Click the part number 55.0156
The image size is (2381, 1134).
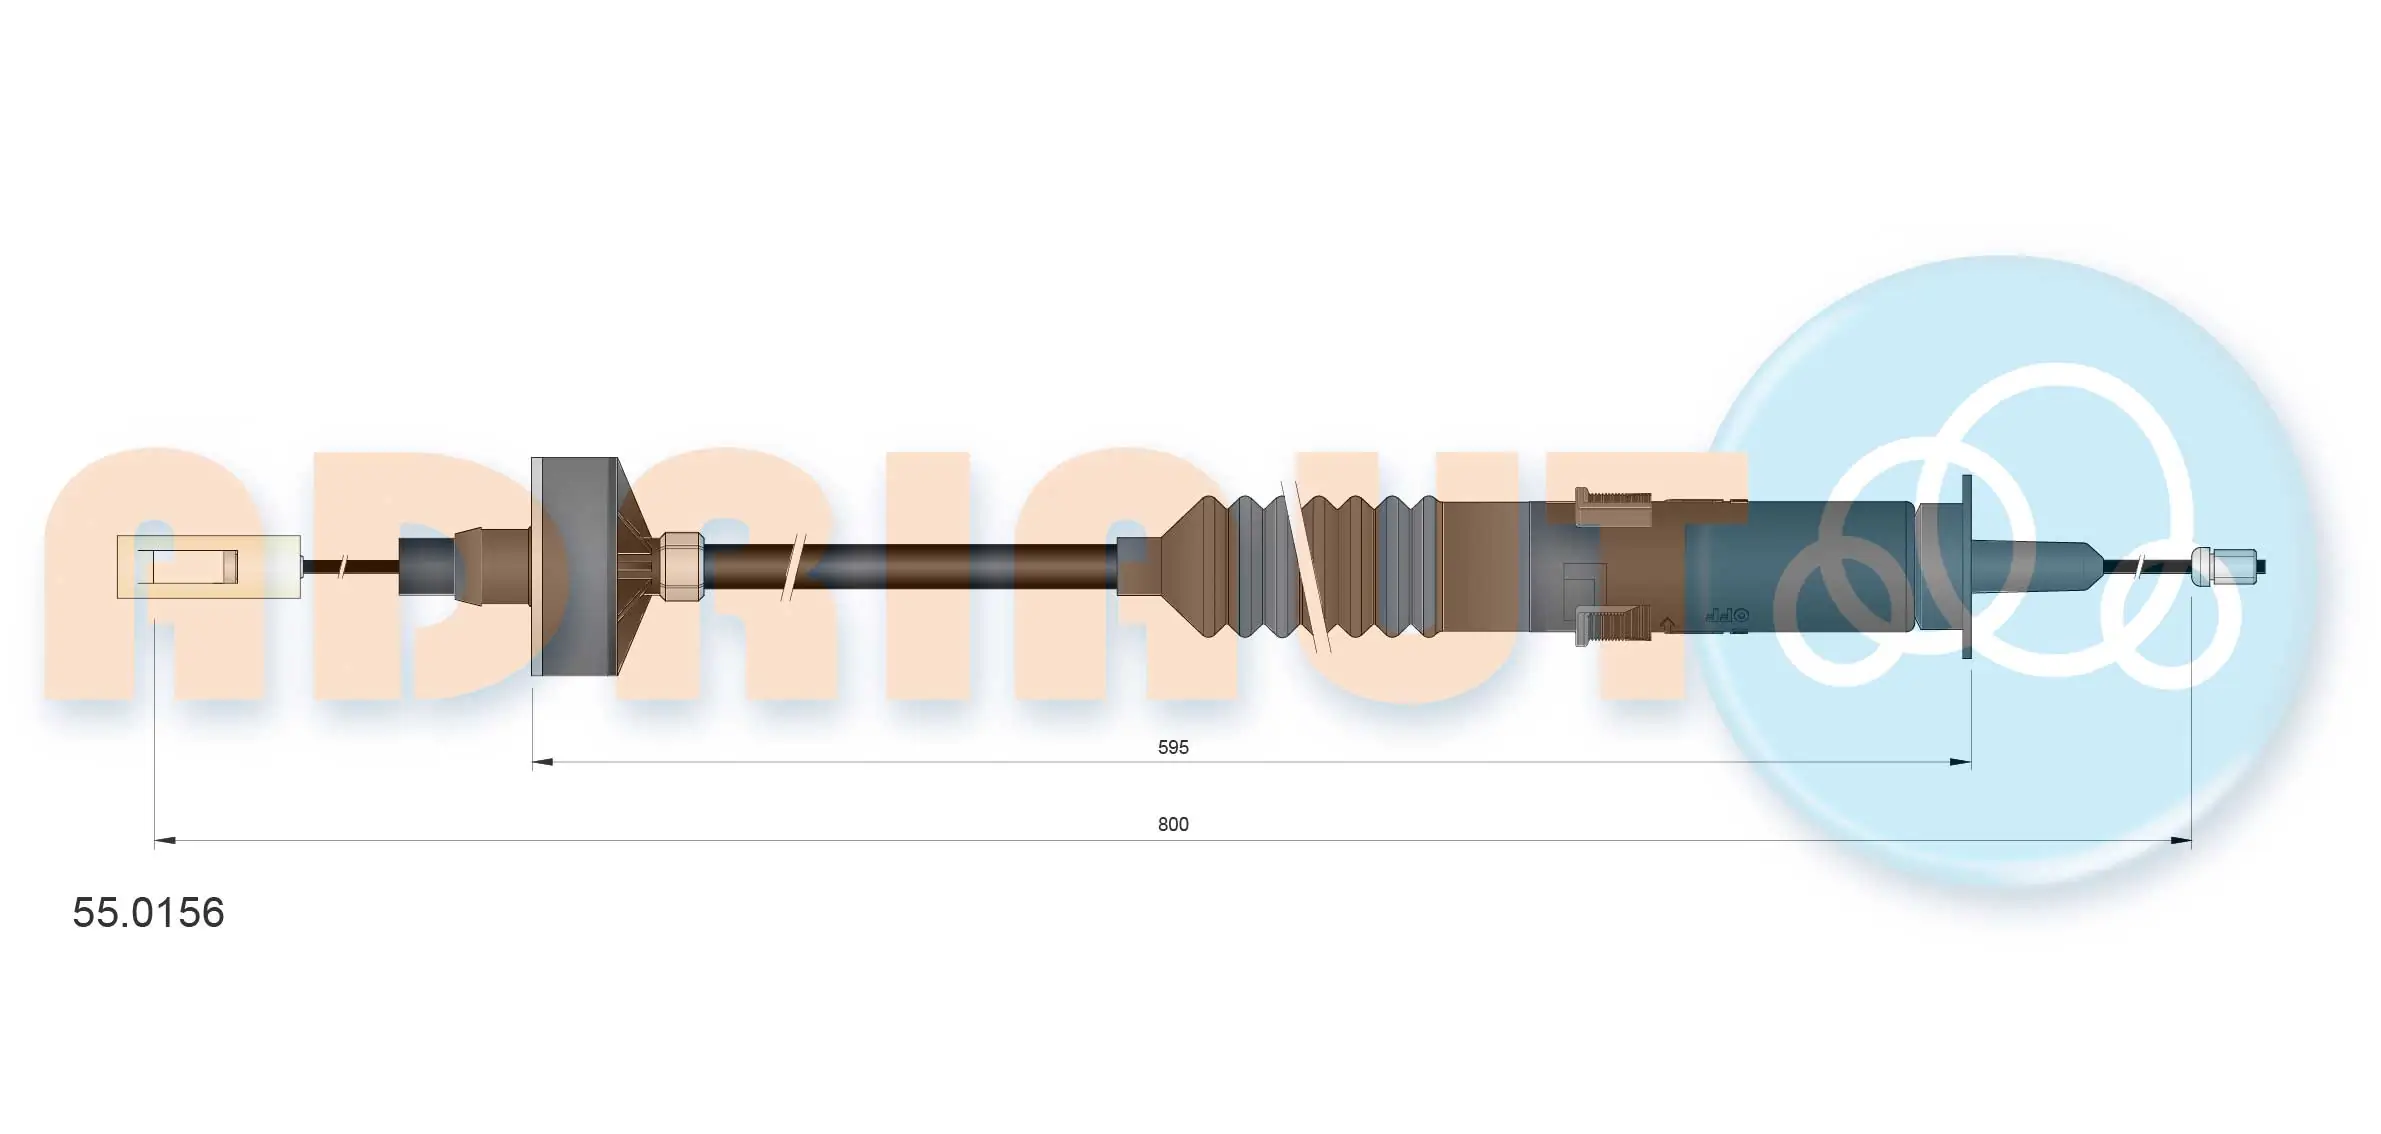click(148, 913)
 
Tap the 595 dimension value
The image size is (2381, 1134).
click(1172, 747)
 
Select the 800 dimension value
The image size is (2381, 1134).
click(1172, 824)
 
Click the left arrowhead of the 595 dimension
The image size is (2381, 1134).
click(543, 762)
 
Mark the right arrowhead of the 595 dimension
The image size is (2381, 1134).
click(1960, 762)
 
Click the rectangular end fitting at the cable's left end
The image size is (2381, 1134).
click(208, 567)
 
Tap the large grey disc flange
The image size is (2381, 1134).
click(574, 566)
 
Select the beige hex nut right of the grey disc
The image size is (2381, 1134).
click(681, 566)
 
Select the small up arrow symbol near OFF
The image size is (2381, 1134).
click(1667, 625)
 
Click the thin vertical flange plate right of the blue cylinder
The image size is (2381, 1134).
click(1966, 566)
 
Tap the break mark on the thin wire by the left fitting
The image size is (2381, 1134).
click(343, 566)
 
